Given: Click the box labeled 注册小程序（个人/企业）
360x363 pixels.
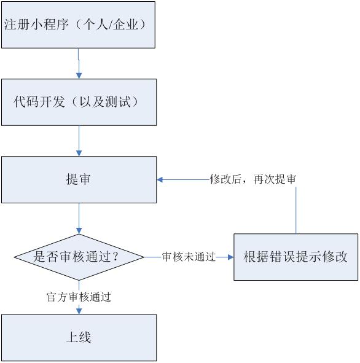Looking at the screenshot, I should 78,25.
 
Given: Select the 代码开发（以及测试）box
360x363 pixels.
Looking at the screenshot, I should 78,101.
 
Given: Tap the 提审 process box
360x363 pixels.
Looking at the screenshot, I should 78,179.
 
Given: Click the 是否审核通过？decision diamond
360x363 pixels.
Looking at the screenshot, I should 79,257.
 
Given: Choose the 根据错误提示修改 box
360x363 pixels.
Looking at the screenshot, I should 295,257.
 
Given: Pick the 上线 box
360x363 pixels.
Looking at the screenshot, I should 78,337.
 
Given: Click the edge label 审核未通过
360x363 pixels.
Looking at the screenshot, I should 189,257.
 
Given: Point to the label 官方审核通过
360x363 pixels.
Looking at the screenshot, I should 79,296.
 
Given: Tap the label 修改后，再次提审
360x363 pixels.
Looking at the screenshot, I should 253,179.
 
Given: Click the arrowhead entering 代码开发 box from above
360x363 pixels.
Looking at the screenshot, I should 79,75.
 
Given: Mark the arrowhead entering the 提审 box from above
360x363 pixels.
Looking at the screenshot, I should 79,153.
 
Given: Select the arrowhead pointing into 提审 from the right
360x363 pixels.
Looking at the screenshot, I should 160,180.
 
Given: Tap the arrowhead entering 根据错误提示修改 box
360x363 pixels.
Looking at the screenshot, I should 230,257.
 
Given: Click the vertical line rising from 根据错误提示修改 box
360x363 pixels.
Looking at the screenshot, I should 296,209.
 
